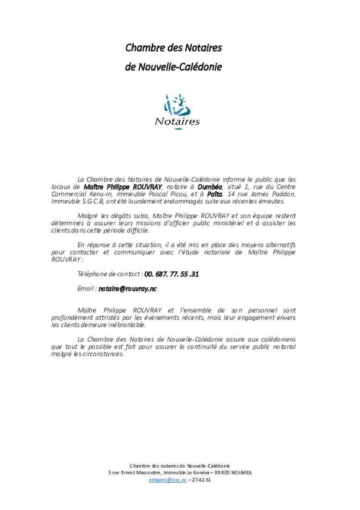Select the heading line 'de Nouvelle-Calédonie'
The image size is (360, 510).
click(x=173, y=67)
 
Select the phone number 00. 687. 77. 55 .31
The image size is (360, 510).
click(x=172, y=274)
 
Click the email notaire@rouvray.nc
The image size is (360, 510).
click(x=127, y=289)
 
